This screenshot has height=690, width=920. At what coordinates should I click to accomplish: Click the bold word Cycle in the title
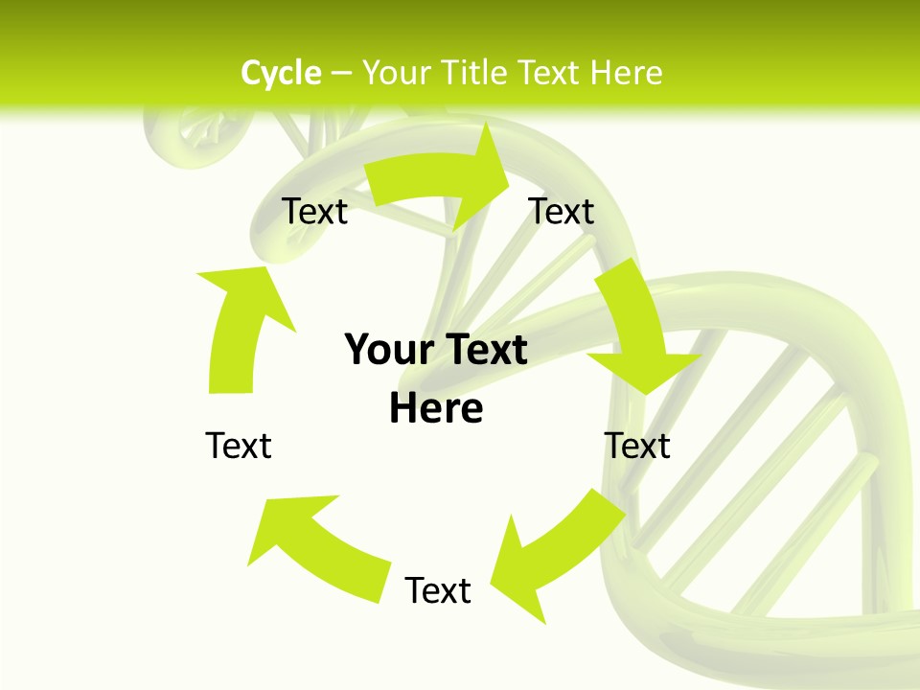click(x=281, y=73)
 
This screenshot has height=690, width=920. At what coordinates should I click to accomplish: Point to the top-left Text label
click(x=314, y=211)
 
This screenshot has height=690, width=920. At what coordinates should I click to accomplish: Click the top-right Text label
click(x=562, y=211)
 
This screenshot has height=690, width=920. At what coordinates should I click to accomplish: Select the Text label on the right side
click(x=637, y=446)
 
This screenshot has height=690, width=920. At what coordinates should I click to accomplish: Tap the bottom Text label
click(x=438, y=590)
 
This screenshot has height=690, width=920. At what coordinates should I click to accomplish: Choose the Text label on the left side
click(x=239, y=446)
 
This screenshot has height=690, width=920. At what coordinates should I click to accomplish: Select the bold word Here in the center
click(x=436, y=408)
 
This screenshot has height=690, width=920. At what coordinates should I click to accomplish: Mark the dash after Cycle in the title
click(x=341, y=74)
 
